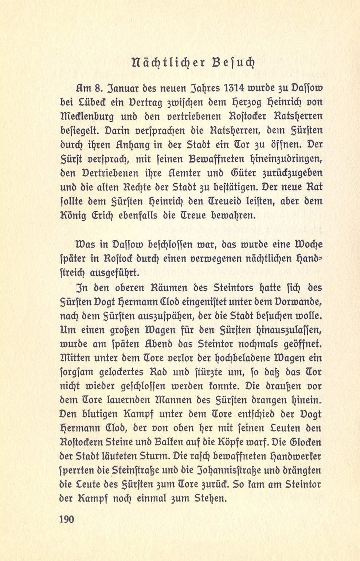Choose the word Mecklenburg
point(87,117)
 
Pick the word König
point(73,216)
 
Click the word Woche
point(304,244)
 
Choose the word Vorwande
point(296,302)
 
